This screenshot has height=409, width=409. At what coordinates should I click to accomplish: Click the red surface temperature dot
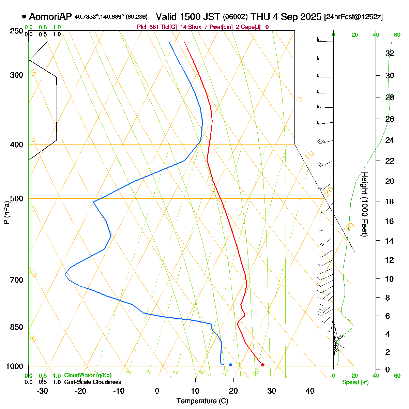pos(262,365)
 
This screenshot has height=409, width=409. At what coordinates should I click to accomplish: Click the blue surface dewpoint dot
pos(230,365)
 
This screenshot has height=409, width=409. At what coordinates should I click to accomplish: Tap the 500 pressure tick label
pos(17,198)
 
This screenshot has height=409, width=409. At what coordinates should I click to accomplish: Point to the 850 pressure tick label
pos(17,327)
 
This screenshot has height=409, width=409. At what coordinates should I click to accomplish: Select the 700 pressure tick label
pos(17,280)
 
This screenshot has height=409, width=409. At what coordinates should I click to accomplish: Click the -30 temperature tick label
pos(42,391)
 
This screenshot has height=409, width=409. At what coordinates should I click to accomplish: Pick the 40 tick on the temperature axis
pos(310,391)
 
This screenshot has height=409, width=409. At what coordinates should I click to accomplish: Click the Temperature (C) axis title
pos(202,401)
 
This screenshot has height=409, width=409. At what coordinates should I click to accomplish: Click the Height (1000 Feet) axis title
pos(364,204)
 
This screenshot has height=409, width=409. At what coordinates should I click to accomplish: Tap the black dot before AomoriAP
pos(24,16)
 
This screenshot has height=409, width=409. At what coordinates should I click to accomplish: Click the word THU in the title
pos(260,17)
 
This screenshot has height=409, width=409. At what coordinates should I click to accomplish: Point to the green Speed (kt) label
pos(355,382)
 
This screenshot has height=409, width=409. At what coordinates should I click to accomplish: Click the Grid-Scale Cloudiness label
pos(92,382)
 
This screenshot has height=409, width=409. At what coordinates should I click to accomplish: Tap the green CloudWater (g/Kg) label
pos(88,376)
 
